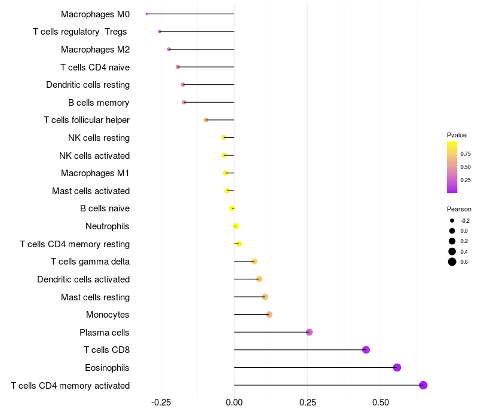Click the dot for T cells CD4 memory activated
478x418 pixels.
pyautogui.click(x=423, y=385)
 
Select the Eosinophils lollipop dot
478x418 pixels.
pyautogui.click(x=397, y=367)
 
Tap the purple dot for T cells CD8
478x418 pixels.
pyautogui.click(x=366, y=350)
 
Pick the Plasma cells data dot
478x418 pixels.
pyautogui.click(x=309, y=332)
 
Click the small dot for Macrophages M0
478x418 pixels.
pyautogui.click(x=146, y=14)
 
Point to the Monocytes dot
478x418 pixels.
pyautogui.click(x=269, y=315)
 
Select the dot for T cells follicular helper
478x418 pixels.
pyautogui.click(x=206, y=120)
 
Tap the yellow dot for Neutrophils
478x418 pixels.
pyautogui.click(x=235, y=226)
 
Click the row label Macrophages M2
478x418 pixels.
pyautogui.click(x=96, y=50)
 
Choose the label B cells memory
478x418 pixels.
pyautogui.click(x=99, y=103)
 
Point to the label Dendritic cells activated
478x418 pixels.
pyautogui.click(x=84, y=279)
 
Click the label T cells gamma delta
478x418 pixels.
pyautogui.click(x=90, y=262)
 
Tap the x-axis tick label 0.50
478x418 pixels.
pyautogui.click(x=381, y=402)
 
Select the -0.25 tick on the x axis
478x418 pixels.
pyautogui.click(x=161, y=402)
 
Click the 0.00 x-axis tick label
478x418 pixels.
pyautogui.click(x=234, y=402)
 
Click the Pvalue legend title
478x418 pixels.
pyautogui.click(x=456, y=135)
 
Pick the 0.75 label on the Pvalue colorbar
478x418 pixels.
pyautogui.click(x=465, y=154)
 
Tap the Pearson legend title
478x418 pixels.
pyautogui.click(x=459, y=209)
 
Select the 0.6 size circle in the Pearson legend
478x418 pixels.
pyautogui.click(x=452, y=262)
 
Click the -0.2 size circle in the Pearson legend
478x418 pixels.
pyautogui.click(x=452, y=220)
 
